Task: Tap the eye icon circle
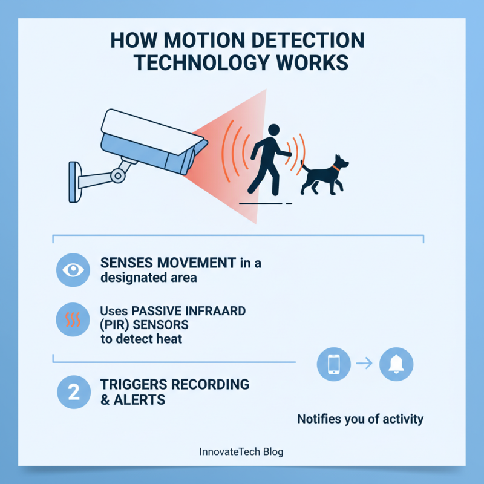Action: point(72,270)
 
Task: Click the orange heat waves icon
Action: point(72,319)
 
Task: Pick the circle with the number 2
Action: point(72,392)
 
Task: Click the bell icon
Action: point(396,364)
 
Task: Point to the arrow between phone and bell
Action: point(364,364)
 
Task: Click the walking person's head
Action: point(273,130)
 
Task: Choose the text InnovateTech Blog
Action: point(241,451)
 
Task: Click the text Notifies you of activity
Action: point(360,419)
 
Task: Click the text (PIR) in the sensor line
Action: point(113,325)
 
